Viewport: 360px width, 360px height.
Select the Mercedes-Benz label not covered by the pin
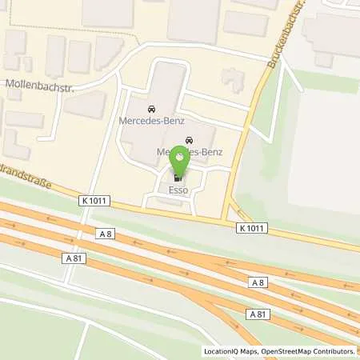[151, 122]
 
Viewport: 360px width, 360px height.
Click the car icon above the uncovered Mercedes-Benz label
[150, 108]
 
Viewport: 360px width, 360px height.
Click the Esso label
[178, 191]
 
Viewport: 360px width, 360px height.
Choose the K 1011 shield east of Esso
[252, 228]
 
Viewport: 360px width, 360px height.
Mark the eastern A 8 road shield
[257, 282]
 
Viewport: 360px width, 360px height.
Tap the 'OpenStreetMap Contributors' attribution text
[307, 351]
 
